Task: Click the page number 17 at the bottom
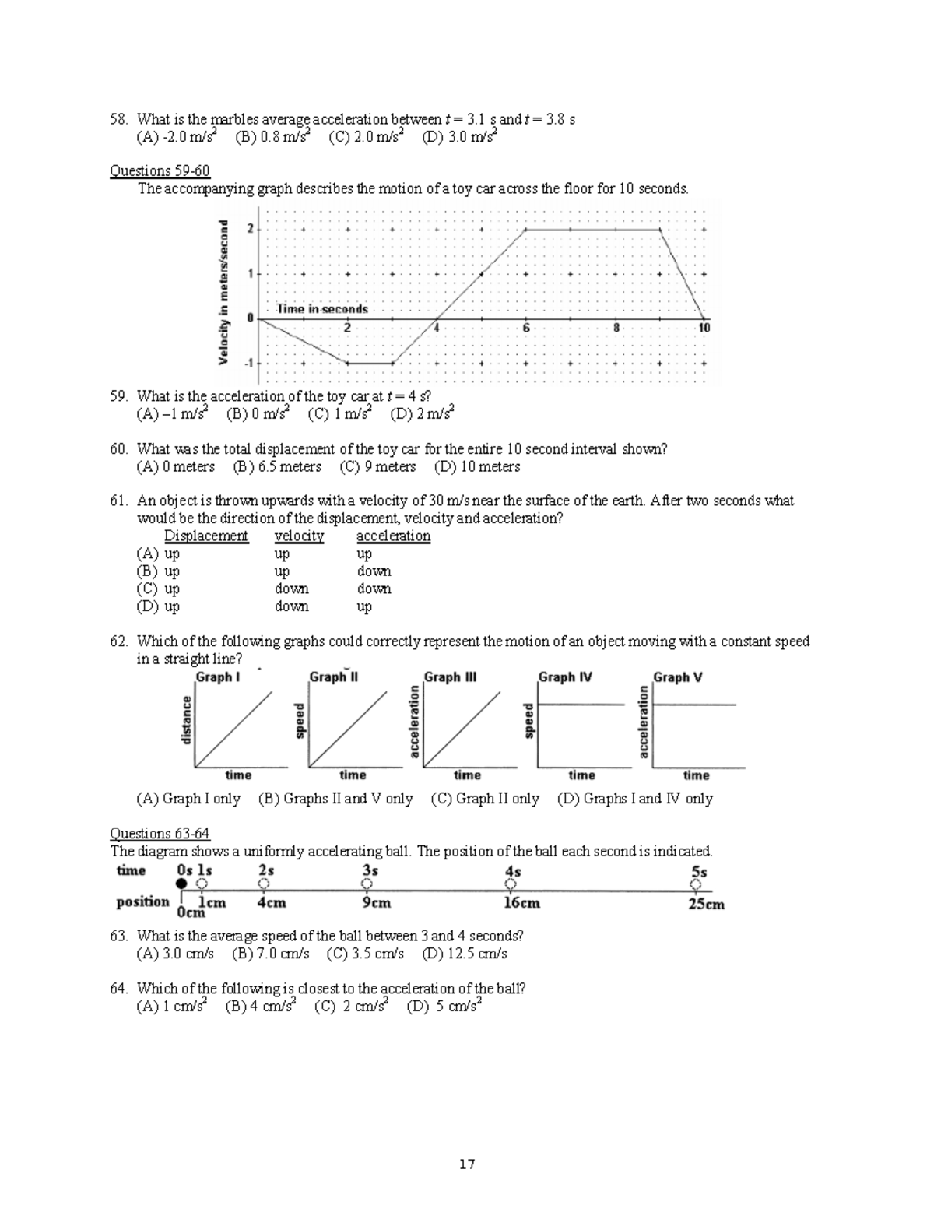[x=467, y=1164]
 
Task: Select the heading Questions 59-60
[x=160, y=170]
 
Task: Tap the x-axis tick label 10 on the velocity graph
[x=704, y=329]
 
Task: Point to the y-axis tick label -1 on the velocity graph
[x=249, y=363]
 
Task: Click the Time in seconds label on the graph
[x=322, y=309]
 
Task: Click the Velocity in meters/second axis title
[x=223, y=292]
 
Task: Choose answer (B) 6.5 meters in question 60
[x=277, y=467]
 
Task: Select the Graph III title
[x=450, y=677]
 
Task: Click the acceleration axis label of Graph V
[x=644, y=722]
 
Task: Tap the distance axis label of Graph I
[x=186, y=720]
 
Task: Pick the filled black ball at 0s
[x=181, y=884]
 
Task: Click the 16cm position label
[x=521, y=903]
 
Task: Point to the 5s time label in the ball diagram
[x=699, y=872]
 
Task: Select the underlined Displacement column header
[x=205, y=536]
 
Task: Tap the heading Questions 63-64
[x=160, y=834]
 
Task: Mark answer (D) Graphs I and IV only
[x=634, y=799]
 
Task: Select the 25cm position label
[x=706, y=904]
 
